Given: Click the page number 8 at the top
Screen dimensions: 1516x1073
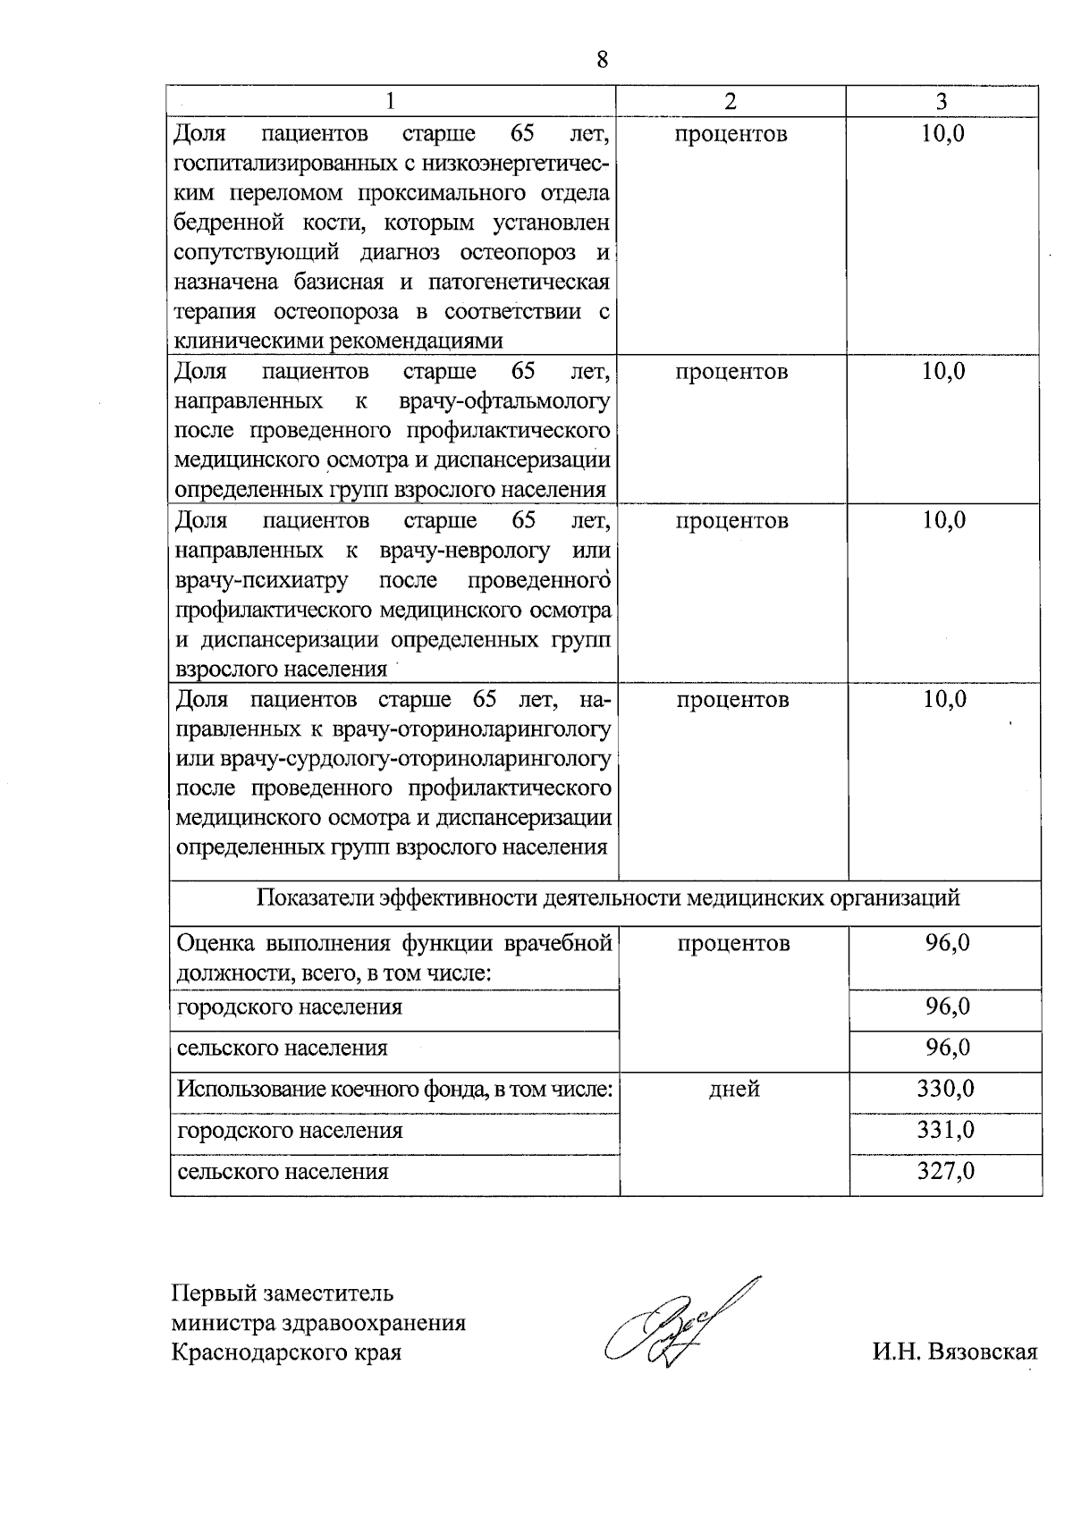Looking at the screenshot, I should click(x=601, y=60).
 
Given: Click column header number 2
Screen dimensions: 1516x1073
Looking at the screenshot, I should click(x=731, y=102).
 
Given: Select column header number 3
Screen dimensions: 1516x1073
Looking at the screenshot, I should click(x=942, y=102).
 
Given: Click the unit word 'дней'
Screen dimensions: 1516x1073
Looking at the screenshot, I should click(x=734, y=1089).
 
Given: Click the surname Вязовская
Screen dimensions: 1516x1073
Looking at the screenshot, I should click(x=981, y=1351).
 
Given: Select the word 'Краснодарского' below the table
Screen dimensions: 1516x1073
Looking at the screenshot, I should click(x=250, y=1352).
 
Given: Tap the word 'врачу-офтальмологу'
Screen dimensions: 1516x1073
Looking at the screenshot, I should click(x=504, y=400).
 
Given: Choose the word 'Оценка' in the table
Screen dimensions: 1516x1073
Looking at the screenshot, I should click(x=215, y=943).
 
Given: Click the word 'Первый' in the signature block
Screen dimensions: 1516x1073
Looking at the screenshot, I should click(x=213, y=1293).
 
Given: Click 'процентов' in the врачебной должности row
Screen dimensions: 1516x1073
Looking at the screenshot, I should click(x=733, y=943).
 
